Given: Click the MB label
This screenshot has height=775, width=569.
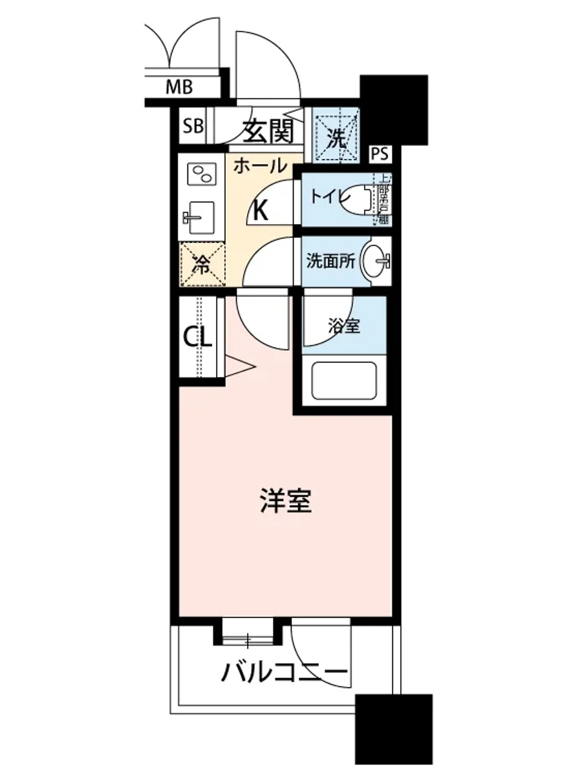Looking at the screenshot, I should pyautogui.click(x=179, y=87).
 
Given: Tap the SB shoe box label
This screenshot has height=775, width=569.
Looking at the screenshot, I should pyautogui.click(x=191, y=125).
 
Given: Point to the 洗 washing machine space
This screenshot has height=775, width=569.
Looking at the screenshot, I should pyautogui.click(x=335, y=136).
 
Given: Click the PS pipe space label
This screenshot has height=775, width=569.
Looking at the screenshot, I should pyautogui.click(x=381, y=154).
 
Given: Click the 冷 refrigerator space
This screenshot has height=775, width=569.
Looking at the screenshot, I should pyautogui.click(x=202, y=263).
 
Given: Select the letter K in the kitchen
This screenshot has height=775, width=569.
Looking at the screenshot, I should pyautogui.click(x=260, y=211).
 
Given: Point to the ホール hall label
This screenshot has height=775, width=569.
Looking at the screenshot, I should pyautogui.click(x=260, y=166).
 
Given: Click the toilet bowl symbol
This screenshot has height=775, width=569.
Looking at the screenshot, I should pyautogui.click(x=362, y=198).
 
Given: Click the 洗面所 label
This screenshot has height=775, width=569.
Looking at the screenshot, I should pyautogui.click(x=330, y=262).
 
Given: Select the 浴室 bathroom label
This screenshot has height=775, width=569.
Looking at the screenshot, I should pyautogui.click(x=343, y=327).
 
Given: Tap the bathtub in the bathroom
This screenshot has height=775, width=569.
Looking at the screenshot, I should pyautogui.click(x=344, y=381).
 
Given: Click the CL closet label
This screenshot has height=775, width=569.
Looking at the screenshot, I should pyautogui.click(x=198, y=336).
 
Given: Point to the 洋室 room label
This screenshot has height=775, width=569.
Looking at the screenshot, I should pyautogui.click(x=285, y=501).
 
